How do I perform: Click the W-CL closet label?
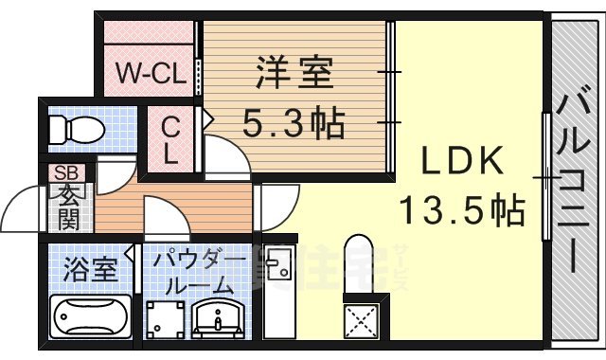[x=150, y=73]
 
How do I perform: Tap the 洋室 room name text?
[x=294, y=75]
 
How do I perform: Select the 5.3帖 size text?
[x=294, y=123]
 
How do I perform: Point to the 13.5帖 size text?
[x=461, y=209]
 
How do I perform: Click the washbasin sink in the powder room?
[x=221, y=315]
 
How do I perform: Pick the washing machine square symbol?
[x=165, y=317]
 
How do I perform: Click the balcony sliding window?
[x=546, y=177]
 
